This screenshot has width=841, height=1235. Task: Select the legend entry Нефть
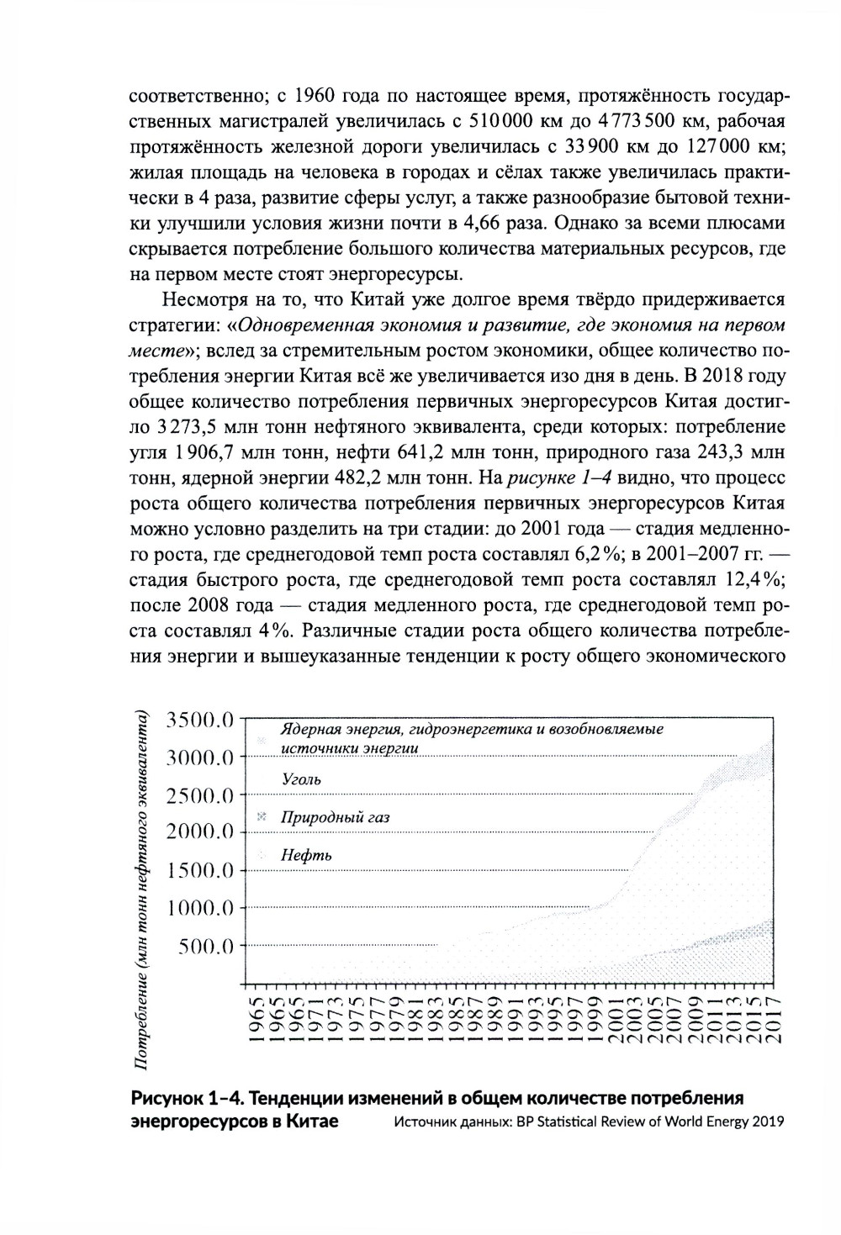[x=307, y=855]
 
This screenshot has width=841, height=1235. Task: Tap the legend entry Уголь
[x=301, y=779]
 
